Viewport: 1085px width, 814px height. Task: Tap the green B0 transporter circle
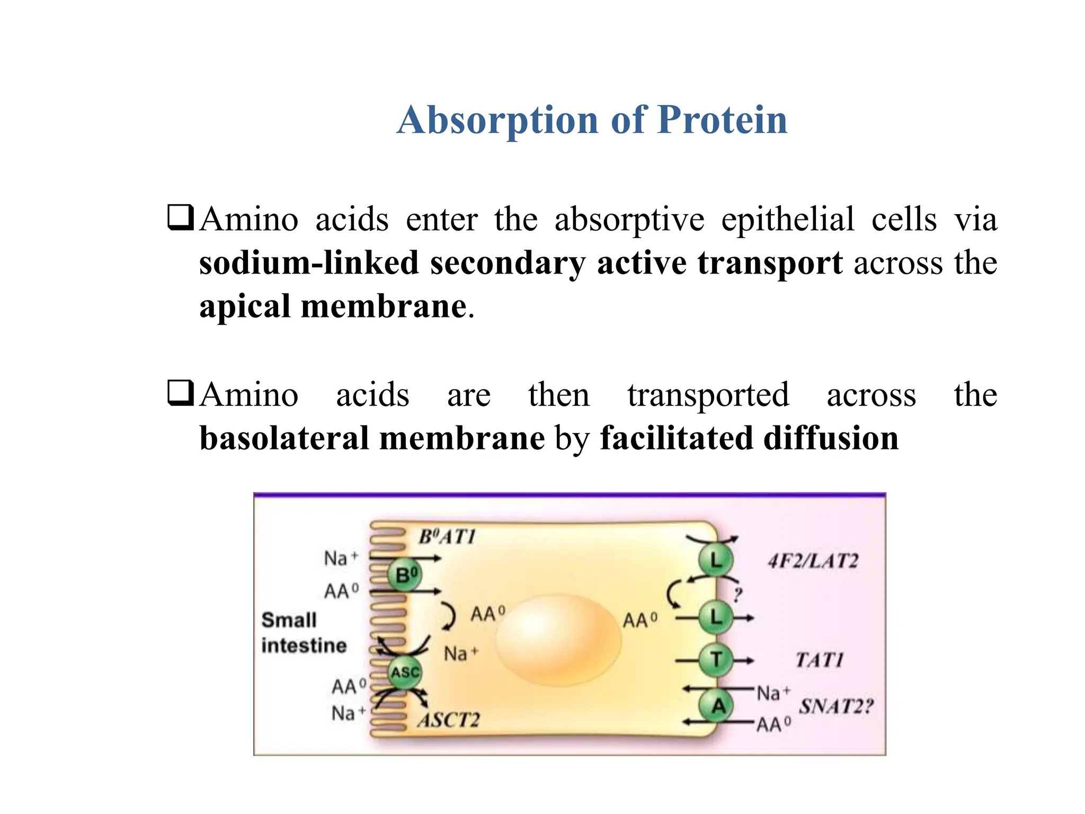tap(405, 574)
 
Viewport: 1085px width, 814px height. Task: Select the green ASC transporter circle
tap(405, 672)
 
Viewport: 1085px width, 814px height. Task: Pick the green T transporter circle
tap(716, 660)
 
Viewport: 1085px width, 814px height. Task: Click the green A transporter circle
tap(717, 706)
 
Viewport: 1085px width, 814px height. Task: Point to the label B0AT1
tap(447, 537)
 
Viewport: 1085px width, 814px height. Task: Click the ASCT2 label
tap(448, 720)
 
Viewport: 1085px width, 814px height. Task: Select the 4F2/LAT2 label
tap(812, 561)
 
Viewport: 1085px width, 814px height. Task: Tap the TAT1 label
tap(819, 660)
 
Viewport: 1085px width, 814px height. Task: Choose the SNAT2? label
tap(835, 706)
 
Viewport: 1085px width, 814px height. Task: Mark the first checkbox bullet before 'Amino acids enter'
tap(180, 217)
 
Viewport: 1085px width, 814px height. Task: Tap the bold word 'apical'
tap(245, 306)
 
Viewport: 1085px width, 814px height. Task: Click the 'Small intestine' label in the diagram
tap(304, 632)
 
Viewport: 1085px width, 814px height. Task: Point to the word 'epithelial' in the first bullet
tap(788, 219)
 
